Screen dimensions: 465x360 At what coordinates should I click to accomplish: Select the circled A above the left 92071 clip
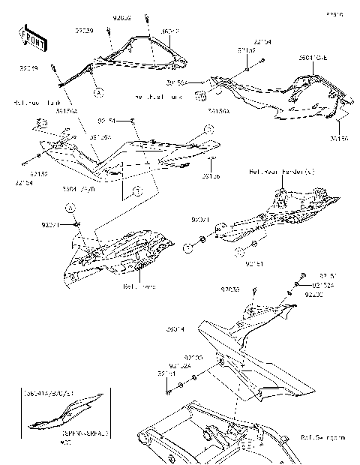point(67,206)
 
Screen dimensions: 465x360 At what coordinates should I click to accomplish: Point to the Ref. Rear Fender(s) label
point(282,172)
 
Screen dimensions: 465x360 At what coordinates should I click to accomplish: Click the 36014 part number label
point(175,328)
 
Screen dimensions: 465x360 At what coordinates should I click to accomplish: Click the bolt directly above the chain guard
point(254,291)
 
